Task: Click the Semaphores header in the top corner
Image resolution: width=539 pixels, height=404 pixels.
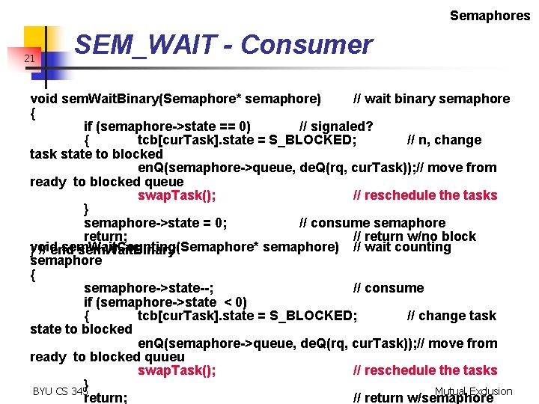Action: pyautogui.click(x=490, y=15)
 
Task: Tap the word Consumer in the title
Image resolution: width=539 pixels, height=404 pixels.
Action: pyautogui.click(x=306, y=46)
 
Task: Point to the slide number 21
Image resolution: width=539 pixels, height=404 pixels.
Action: pyautogui.click(x=29, y=58)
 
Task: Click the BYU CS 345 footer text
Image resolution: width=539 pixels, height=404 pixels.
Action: pyautogui.click(x=55, y=391)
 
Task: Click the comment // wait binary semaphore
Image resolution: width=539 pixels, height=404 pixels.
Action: pyautogui.click(x=431, y=99)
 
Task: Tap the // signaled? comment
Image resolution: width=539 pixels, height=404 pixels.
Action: pyautogui.click(x=336, y=125)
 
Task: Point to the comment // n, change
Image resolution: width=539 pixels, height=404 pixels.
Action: pyautogui.click(x=444, y=140)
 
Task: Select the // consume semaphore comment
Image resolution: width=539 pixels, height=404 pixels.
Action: pyautogui.click(x=372, y=223)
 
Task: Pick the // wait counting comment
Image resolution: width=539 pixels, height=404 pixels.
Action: pyautogui.click(x=402, y=247)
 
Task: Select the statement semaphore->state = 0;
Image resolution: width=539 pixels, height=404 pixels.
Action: pyautogui.click(x=156, y=223)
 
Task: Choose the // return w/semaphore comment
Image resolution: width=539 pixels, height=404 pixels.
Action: pyautogui.click(x=423, y=398)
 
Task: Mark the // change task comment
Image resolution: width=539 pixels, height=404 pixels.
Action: pyautogui.click(x=451, y=316)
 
